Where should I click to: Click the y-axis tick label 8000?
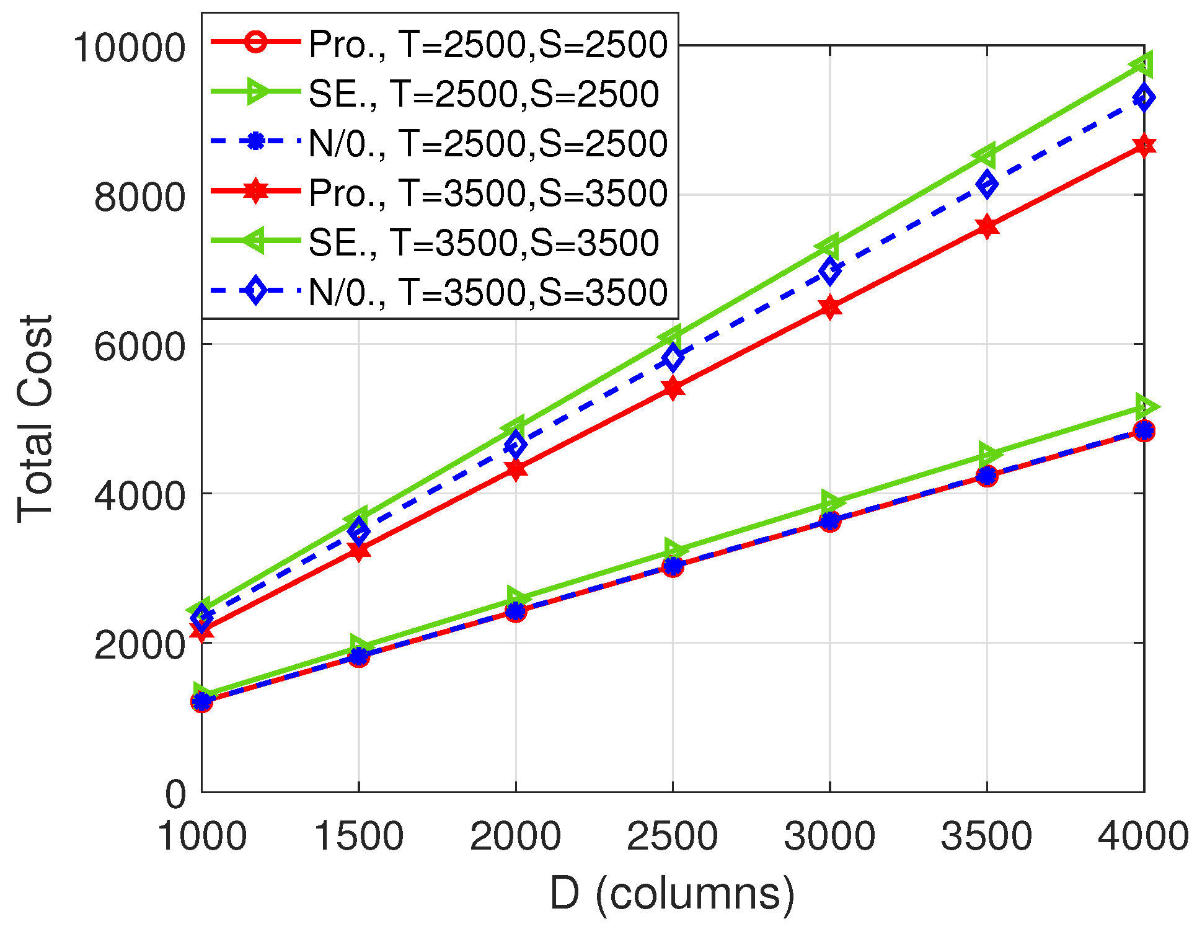pos(139,197)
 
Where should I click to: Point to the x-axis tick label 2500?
pos(672,836)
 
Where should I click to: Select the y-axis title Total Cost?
pos(35,419)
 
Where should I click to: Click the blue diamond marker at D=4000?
pos(1144,98)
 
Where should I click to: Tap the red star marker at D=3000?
pos(830,308)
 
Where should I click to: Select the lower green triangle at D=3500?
pos(986,455)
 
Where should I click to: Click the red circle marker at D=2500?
pos(673,566)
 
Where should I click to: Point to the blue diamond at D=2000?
pos(515,445)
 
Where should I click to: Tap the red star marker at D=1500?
pos(358,550)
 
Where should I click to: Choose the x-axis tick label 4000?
pos(1143,836)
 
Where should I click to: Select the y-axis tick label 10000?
pos(129,48)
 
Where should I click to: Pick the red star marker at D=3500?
pos(987,227)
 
